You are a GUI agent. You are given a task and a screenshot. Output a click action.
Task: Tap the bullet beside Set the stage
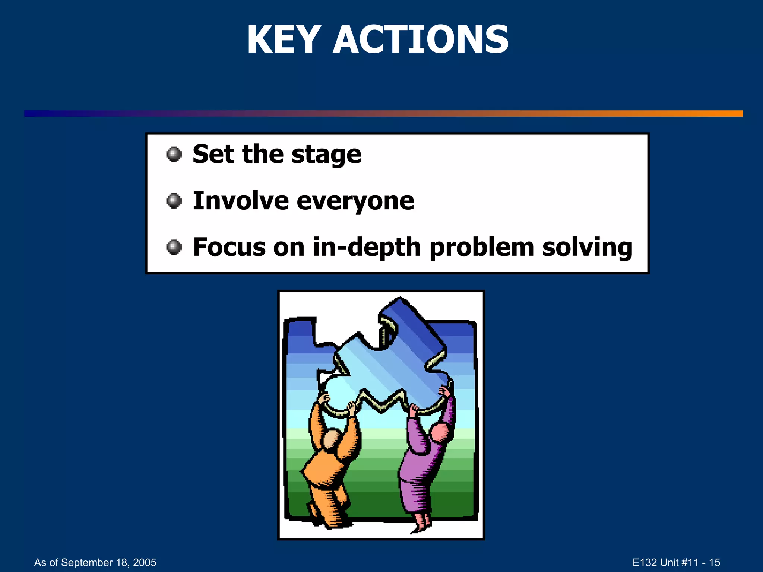174,154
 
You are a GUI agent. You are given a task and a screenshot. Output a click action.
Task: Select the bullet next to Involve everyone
174,201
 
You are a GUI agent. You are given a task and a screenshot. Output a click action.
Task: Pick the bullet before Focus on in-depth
174,247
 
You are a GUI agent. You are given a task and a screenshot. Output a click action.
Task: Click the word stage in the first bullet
326,155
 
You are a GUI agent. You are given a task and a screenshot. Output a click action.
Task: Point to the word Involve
241,201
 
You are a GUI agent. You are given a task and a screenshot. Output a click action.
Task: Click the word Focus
229,247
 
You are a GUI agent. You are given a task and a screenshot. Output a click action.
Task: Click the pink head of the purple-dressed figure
440,432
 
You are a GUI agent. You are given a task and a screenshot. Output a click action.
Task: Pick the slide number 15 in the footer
714,562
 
